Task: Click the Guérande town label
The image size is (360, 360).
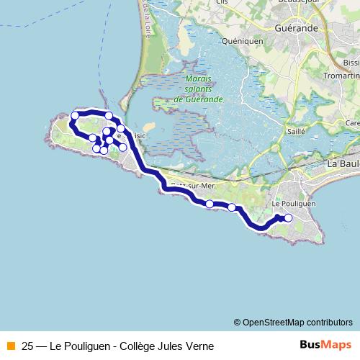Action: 295,28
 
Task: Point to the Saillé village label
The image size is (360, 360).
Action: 296,131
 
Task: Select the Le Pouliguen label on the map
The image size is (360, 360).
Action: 294,204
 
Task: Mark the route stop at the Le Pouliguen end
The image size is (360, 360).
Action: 288,218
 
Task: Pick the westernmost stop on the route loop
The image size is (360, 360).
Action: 74,115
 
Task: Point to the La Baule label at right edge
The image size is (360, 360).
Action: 343,164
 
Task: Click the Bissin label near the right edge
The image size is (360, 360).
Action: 351,63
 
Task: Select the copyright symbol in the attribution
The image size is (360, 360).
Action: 237,322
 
